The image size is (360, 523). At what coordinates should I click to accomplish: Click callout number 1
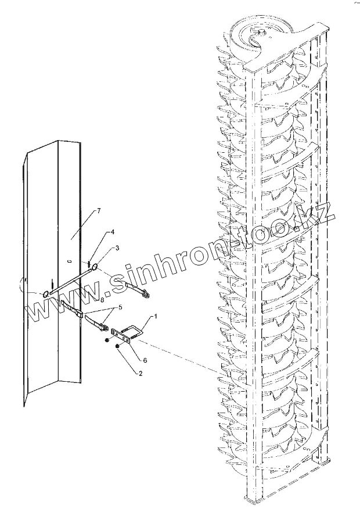tap(156, 317)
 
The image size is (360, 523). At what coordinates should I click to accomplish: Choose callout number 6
tap(145, 360)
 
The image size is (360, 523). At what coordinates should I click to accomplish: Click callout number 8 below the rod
tap(102, 300)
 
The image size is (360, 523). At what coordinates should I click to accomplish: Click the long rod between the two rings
tap(70, 280)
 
